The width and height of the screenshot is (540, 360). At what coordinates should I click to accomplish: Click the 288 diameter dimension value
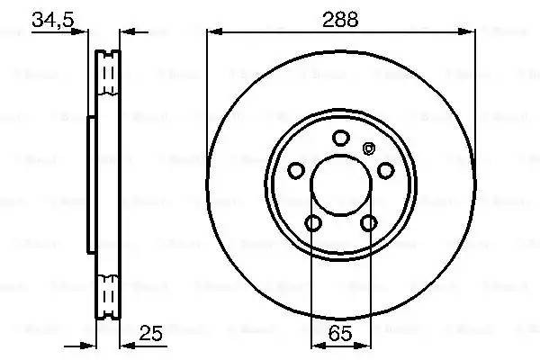(x=340, y=16)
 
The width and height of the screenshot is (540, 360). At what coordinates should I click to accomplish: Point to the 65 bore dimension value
(x=340, y=333)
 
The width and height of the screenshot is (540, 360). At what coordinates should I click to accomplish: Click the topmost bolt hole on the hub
(x=340, y=138)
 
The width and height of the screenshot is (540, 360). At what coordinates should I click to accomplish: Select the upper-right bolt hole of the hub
(x=385, y=169)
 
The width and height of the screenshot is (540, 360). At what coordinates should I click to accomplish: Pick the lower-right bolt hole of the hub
(x=368, y=223)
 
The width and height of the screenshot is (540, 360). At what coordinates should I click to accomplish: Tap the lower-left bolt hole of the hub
(x=312, y=223)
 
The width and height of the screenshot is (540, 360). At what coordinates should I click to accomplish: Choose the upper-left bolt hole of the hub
(x=295, y=169)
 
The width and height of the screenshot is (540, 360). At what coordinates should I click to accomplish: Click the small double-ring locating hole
(x=366, y=149)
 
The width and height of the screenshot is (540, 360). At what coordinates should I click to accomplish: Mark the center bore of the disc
(x=340, y=189)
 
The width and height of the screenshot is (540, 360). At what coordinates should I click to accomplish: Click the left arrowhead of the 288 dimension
(x=213, y=31)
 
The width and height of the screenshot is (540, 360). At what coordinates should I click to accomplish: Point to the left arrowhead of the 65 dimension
(x=316, y=346)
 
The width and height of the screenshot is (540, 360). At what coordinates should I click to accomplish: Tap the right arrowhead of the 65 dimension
(x=364, y=346)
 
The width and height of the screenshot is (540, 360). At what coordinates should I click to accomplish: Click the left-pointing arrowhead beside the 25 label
(x=126, y=346)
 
